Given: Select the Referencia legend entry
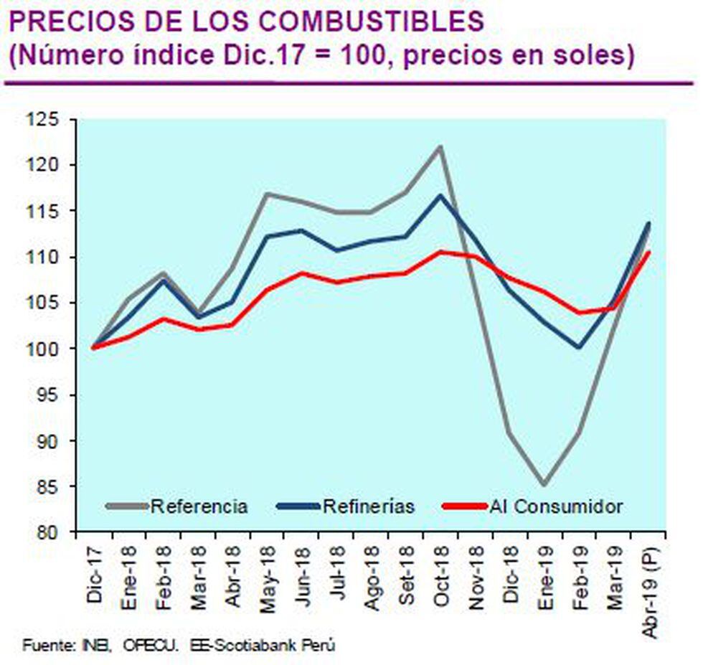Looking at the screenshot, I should tap(199, 506).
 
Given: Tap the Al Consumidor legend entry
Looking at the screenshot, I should tap(557, 506).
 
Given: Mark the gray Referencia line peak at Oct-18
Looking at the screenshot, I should tap(440, 147).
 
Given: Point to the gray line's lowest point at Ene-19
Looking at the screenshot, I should tap(544, 485).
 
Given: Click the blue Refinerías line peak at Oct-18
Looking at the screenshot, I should tap(440, 195).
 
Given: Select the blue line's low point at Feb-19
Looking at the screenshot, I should tap(579, 348).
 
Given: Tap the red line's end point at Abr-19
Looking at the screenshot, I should tap(648, 252).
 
